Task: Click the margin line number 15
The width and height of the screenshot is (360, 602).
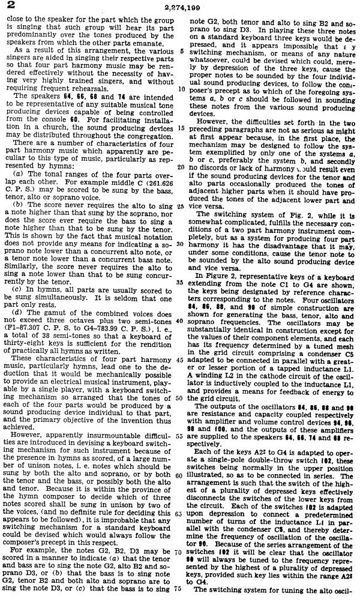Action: (181, 128)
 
